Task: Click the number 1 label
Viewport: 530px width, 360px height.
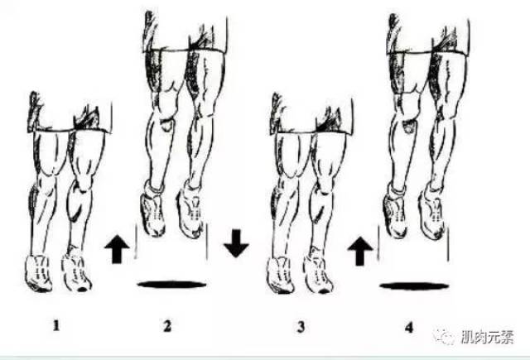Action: point(56,325)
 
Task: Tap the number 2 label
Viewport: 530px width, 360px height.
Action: point(167,326)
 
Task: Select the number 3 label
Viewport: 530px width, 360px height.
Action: point(301,327)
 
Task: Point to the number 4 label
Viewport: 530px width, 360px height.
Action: point(409,327)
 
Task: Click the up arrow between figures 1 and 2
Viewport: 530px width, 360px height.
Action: point(117,249)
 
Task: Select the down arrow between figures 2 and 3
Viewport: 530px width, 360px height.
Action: point(236,243)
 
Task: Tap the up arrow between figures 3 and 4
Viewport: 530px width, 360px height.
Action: point(360,251)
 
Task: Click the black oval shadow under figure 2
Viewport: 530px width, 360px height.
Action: point(171,285)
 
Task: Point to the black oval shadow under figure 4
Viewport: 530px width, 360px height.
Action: point(414,286)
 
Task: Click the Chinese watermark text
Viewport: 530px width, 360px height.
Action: point(487,337)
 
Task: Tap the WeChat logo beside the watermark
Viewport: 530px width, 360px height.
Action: point(445,335)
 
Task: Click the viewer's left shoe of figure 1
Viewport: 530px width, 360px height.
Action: point(39,274)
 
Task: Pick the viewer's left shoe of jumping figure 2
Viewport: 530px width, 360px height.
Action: point(152,211)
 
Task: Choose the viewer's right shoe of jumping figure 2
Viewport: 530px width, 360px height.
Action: point(191,211)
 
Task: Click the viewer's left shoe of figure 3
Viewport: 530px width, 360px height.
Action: point(281,276)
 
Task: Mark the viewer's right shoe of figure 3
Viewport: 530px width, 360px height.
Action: point(318,273)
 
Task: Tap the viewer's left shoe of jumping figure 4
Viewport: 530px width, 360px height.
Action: point(396,214)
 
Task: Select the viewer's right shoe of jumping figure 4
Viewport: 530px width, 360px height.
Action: point(432,214)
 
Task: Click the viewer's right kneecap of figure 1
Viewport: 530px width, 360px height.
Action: point(84,182)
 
